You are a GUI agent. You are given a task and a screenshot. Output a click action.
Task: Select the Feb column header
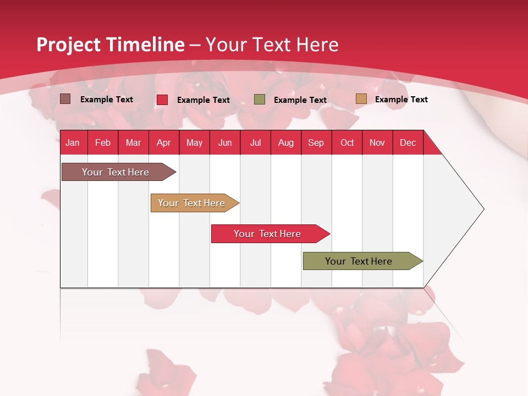tap(103, 142)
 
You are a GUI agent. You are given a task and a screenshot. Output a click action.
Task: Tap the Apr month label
tap(164, 142)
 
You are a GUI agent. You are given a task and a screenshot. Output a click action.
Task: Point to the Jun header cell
tap(225, 142)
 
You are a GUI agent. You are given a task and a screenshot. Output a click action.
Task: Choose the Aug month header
tap(286, 142)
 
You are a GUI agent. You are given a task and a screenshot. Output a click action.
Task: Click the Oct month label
tap(347, 142)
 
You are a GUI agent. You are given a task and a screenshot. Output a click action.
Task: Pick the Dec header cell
tap(408, 142)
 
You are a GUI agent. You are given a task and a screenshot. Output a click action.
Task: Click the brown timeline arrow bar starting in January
tap(119, 172)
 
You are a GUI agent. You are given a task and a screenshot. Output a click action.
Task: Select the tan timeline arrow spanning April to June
tap(195, 203)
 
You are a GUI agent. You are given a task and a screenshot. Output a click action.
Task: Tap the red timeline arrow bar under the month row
tap(271, 234)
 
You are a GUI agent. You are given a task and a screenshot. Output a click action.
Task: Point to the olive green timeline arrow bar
tap(363, 261)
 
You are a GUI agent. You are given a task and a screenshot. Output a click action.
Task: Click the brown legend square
tap(65, 99)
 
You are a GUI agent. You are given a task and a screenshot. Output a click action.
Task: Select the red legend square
tap(162, 100)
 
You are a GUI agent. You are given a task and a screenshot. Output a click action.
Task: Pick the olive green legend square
tap(259, 100)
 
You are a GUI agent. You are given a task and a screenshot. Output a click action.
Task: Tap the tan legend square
tap(361, 98)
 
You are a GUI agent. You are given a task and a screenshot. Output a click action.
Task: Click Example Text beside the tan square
tap(402, 100)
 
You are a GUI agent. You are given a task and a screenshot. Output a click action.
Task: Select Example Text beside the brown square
tap(106, 100)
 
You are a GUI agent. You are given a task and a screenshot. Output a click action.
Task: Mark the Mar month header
tap(133, 142)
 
